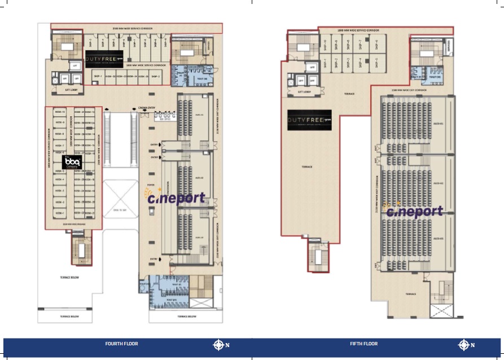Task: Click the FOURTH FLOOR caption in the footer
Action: click(x=121, y=344)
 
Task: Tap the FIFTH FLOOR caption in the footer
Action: click(x=363, y=344)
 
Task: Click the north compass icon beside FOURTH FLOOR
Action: click(x=219, y=345)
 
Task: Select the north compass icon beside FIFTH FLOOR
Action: click(x=464, y=345)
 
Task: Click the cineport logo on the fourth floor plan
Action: click(x=175, y=197)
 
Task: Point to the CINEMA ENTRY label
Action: click(x=147, y=108)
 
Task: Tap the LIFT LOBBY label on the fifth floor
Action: click(x=305, y=91)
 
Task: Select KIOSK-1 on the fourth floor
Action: click(x=60, y=213)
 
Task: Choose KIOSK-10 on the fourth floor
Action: click(x=60, y=112)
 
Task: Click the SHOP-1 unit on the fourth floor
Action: click(x=98, y=76)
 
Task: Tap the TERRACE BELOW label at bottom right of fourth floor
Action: click(x=182, y=317)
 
